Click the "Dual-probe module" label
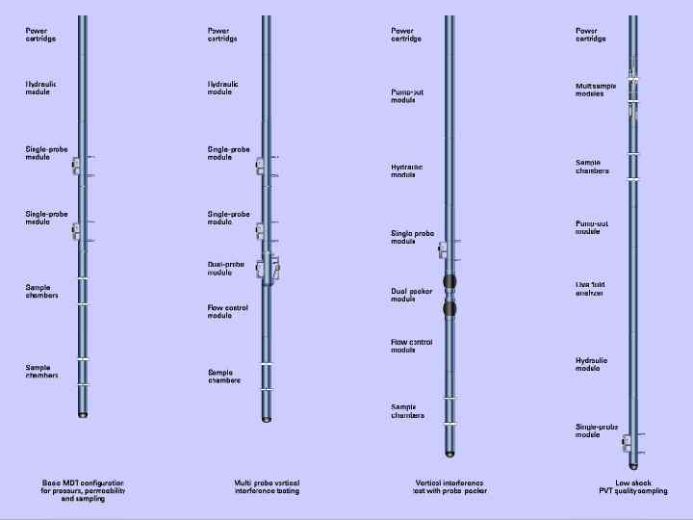[x=225, y=268]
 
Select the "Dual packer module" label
[x=411, y=295]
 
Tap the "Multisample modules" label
[x=597, y=90]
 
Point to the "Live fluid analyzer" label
[x=590, y=289]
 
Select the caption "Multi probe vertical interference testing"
[x=267, y=486]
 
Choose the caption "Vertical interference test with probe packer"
[x=449, y=486]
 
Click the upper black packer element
[x=449, y=281]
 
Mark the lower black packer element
[x=449, y=309]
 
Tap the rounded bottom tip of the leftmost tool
[x=83, y=414]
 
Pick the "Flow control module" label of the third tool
[x=411, y=346]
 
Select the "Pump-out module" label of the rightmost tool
[x=591, y=227]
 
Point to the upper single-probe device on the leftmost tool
[x=77, y=167]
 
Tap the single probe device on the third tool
[x=444, y=250]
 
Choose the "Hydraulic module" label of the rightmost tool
[x=591, y=364]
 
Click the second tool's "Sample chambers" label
[x=224, y=376]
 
